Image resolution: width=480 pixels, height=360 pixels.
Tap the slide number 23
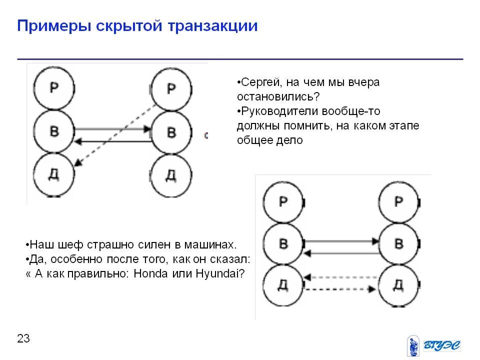click(23, 338)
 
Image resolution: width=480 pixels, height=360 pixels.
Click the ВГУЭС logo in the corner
click(433, 344)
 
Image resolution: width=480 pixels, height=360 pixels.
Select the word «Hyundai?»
click(220, 274)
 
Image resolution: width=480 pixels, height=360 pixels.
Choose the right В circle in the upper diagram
click(171, 132)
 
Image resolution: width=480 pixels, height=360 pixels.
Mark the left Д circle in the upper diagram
click(54, 175)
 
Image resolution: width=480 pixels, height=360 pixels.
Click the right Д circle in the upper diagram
click(171, 175)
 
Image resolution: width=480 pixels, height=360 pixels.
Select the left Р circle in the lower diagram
click(283, 201)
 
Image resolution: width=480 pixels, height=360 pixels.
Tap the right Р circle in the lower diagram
click(398, 201)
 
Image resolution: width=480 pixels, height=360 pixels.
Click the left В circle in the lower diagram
click(283, 244)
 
